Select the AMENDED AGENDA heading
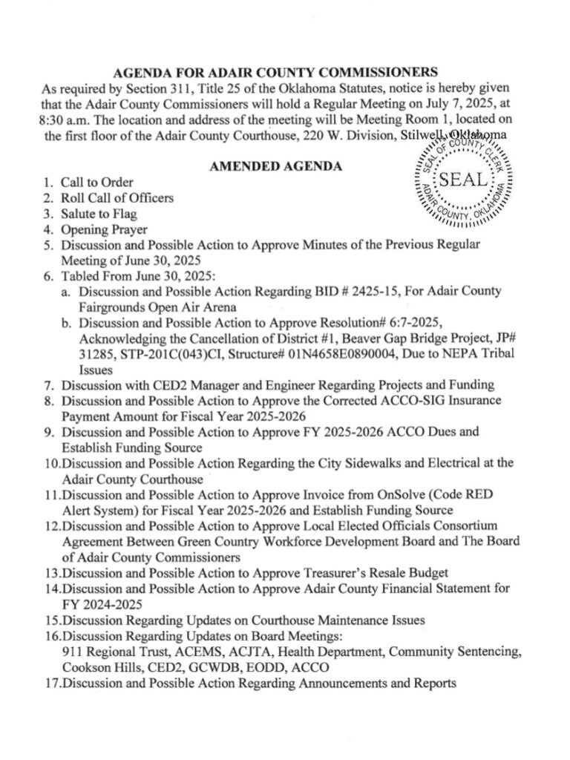[x=275, y=166]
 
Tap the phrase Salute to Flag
[x=100, y=214]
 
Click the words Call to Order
[x=99, y=182]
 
